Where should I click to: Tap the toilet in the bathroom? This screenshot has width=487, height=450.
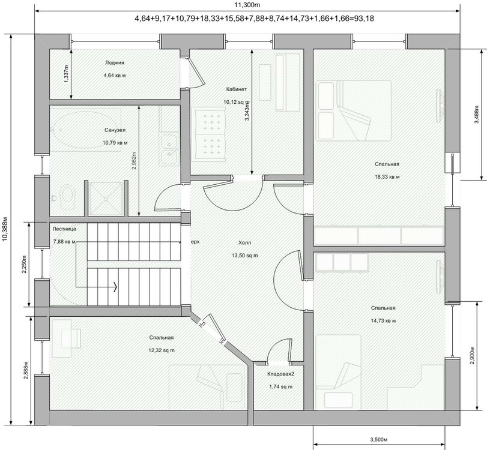click(66, 196)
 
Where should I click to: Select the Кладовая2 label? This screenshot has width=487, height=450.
click(281, 374)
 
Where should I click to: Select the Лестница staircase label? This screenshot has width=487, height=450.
click(64, 229)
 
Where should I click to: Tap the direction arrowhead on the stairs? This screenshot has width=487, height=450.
click(115, 287)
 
